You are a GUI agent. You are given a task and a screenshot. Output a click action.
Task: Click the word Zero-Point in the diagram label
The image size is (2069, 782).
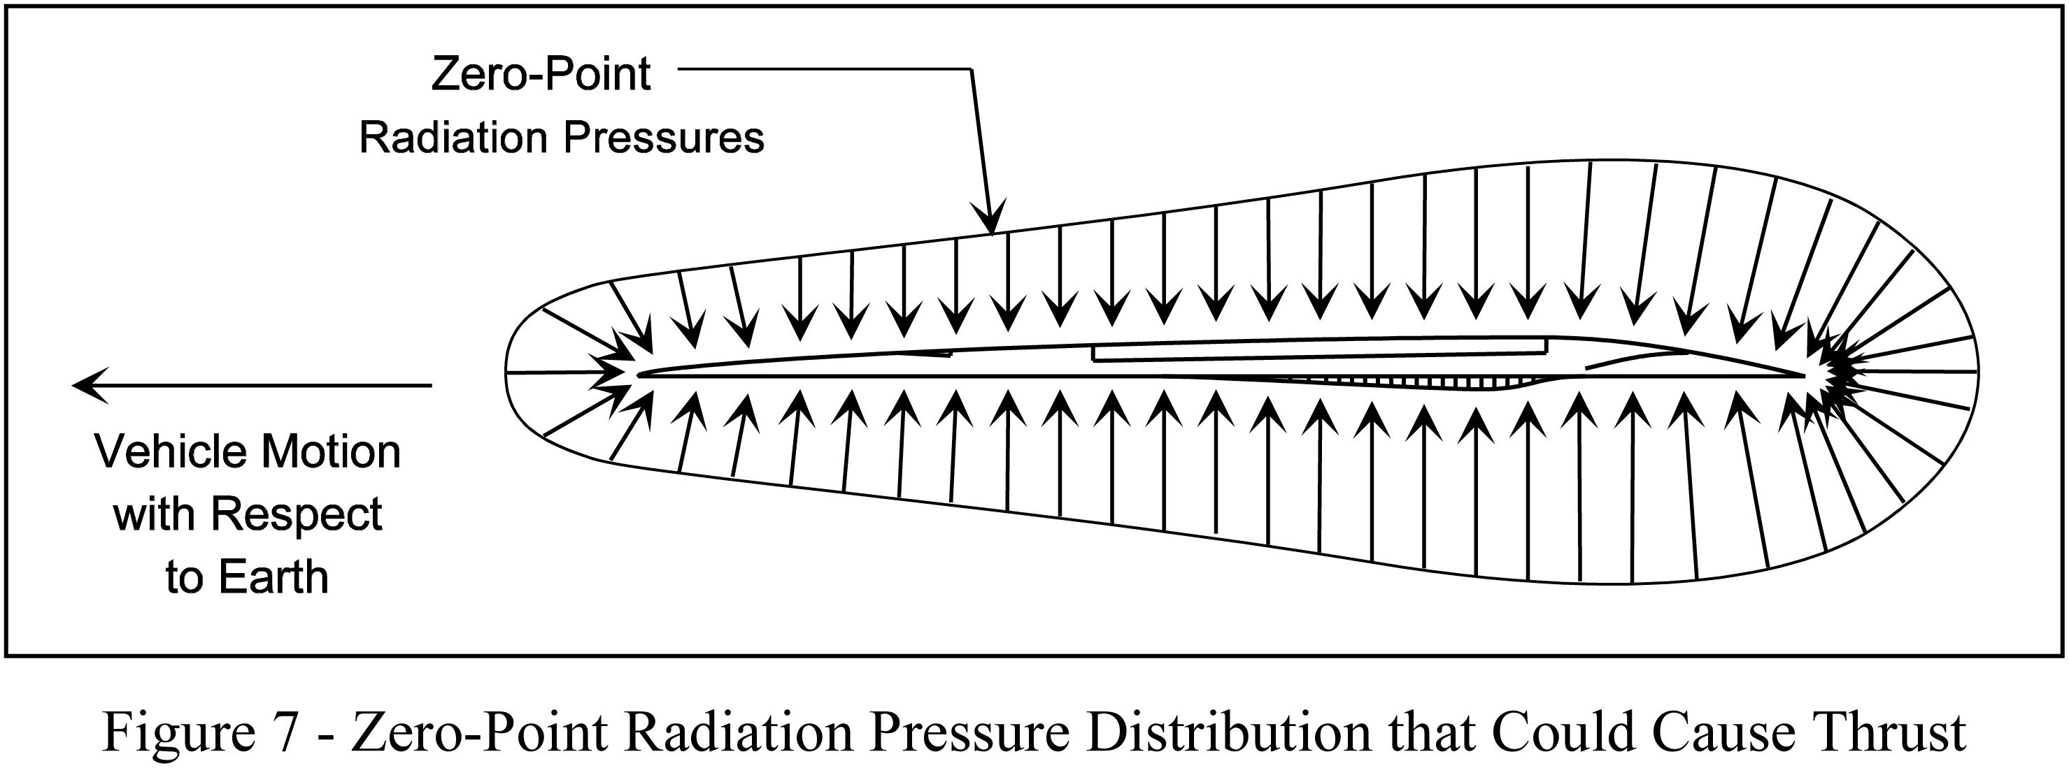point(541,75)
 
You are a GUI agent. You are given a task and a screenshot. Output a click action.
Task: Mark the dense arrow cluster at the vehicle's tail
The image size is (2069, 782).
point(1840,374)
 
